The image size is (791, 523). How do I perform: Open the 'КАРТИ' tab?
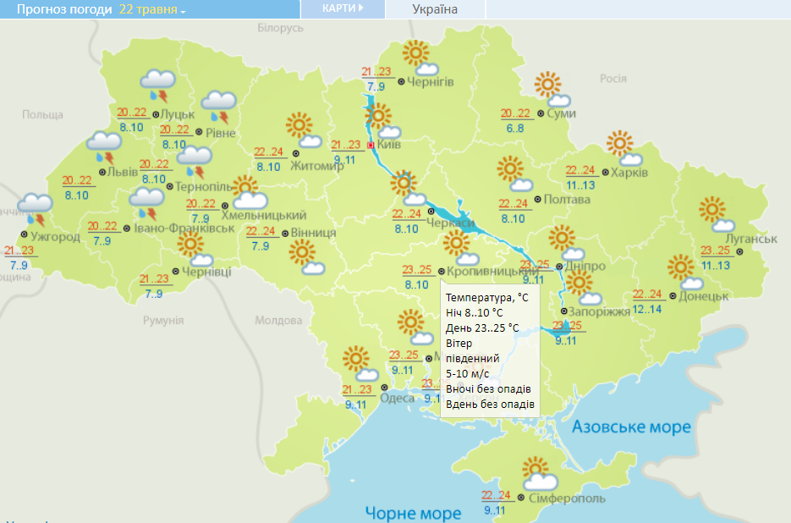pyautogui.click(x=343, y=8)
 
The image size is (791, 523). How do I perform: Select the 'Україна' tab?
pyautogui.click(x=435, y=9)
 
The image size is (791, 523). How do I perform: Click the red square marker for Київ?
pyautogui.click(x=370, y=146)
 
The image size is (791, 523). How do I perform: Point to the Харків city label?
pyautogui.click(x=629, y=173)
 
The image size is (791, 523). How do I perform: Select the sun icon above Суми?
pyautogui.click(x=548, y=85)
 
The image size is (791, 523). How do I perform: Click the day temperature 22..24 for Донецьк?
pyautogui.click(x=647, y=295)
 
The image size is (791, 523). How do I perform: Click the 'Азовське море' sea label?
pyautogui.click(x=631, y=427)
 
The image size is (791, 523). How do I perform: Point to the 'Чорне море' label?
pyautogui.click(x=413, y=513)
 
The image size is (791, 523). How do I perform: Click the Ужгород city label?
pyautogui.click(x=55, y=236)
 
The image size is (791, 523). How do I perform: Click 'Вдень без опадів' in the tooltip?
pyautogui.click(x=490, y=405)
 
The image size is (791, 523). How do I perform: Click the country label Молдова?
pyautogui.click(x=278, y=321)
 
